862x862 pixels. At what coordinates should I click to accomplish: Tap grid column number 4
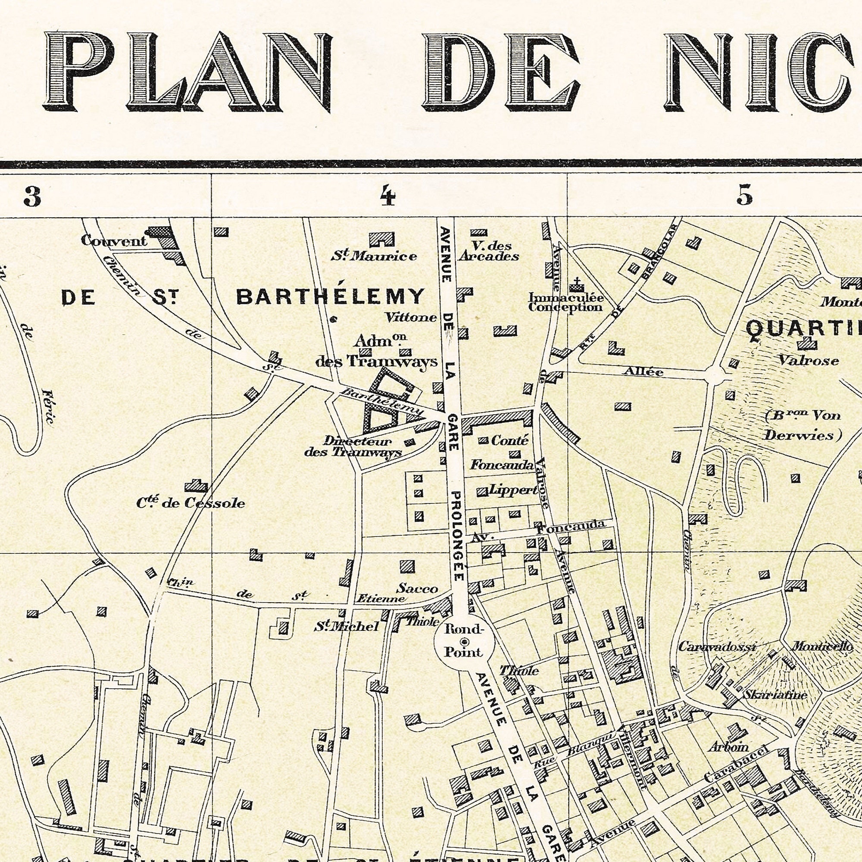pyautogui.click(x=388, y=196)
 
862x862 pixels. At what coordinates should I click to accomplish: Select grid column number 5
pyautogui.click(x=745, y=196)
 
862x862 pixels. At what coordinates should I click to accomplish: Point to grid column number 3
pyautogui.click(x=32, y=196)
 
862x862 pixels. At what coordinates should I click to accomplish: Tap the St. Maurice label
pyautogui.click(x=374, y=256)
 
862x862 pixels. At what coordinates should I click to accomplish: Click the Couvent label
pyautogui.click(x=114, y=241)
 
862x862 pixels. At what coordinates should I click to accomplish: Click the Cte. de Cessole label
pyautogui.click(x=191, y=503)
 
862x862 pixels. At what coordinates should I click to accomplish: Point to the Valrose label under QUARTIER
pyautogui.click(x=809, y=360)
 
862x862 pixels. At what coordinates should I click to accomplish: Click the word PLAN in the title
pyautogui.click(x=187, y=72)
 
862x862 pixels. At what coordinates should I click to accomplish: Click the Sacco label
pyautogui.click(x=418, y=588)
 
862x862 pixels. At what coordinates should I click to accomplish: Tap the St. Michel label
pyautogui.click(x=346, y=626)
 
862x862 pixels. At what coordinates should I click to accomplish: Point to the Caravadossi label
pyautogui.click(x=718, y=646)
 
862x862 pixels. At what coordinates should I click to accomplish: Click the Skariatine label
pyautogui.click(x=775, y=695)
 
